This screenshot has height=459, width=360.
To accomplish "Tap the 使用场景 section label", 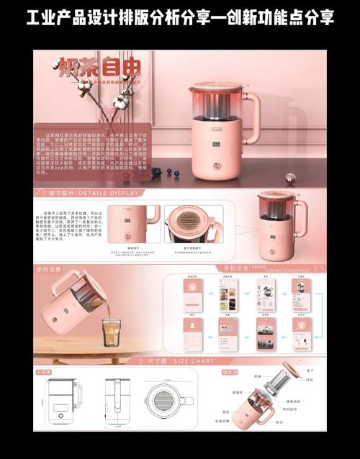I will coord(51,268).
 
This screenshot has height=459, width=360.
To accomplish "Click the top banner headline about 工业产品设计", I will coord(180,16).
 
